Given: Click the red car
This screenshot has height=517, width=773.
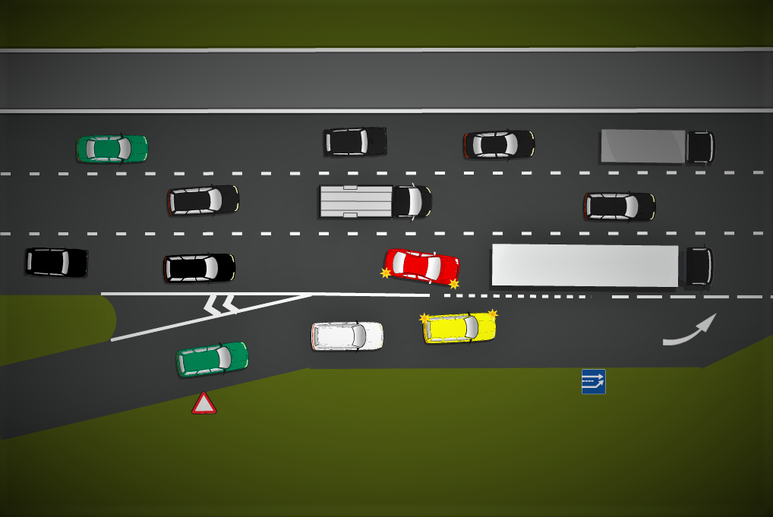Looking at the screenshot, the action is [422, 266].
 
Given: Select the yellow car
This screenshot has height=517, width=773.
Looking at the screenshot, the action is [460, 327].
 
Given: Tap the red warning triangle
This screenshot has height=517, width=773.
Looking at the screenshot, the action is [204, 404].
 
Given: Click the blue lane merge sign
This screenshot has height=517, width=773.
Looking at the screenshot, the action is [593, 381].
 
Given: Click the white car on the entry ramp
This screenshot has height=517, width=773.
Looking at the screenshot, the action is [347, 336].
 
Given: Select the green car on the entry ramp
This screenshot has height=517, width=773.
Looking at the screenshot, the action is [212, 358].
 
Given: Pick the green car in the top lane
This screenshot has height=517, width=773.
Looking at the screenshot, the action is [112, 149].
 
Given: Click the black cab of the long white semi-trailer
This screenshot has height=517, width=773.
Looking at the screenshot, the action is [697, 266].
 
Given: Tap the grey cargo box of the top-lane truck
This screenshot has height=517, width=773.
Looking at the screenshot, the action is [642, 147].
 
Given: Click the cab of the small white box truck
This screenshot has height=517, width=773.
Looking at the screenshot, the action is [412, 201].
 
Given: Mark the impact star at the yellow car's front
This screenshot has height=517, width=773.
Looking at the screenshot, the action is [492, 313].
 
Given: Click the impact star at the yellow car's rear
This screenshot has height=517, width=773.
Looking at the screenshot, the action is [424, 318].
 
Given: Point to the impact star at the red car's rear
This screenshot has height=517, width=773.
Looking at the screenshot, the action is [386, 273].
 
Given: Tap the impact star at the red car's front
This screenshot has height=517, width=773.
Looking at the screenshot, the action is [454, 284].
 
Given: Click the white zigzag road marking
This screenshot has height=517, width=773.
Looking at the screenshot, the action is [220, 305].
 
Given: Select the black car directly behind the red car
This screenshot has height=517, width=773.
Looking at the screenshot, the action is [199, 268].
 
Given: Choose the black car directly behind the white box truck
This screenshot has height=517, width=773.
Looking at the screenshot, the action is [203, 200].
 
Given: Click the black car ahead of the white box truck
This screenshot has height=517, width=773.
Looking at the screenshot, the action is [619, 206].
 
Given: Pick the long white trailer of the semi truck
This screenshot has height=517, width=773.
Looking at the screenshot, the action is [585, 266].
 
